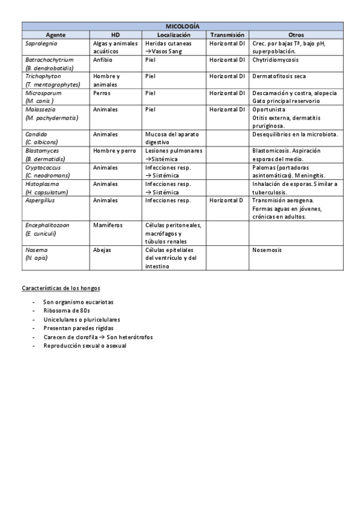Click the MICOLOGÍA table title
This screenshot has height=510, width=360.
[183, 26]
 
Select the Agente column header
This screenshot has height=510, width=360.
[56, 35]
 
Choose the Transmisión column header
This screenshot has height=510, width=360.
[227, 35]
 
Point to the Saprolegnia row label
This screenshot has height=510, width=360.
[41, 44]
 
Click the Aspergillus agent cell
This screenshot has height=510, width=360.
[41, 200]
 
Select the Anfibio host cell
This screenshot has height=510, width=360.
[103, 60]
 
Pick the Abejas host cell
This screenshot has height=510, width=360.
[103, 249]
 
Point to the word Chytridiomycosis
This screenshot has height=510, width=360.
[276, 60]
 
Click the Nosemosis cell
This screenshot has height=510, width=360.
[268, 249]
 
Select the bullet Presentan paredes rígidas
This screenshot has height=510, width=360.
[79, 328]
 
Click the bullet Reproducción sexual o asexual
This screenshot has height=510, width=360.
[85, 346]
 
